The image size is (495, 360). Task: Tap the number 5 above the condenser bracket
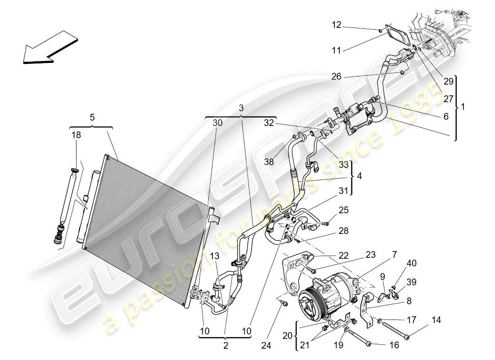pyautogui.click(x=92, y=118)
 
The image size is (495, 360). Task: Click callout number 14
pyautogui.click(x=436, y=320)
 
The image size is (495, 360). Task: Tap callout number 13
pyautogui.click(x=215, y=256)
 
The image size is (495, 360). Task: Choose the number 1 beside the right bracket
pyautogui.click(x=463, y=108)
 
